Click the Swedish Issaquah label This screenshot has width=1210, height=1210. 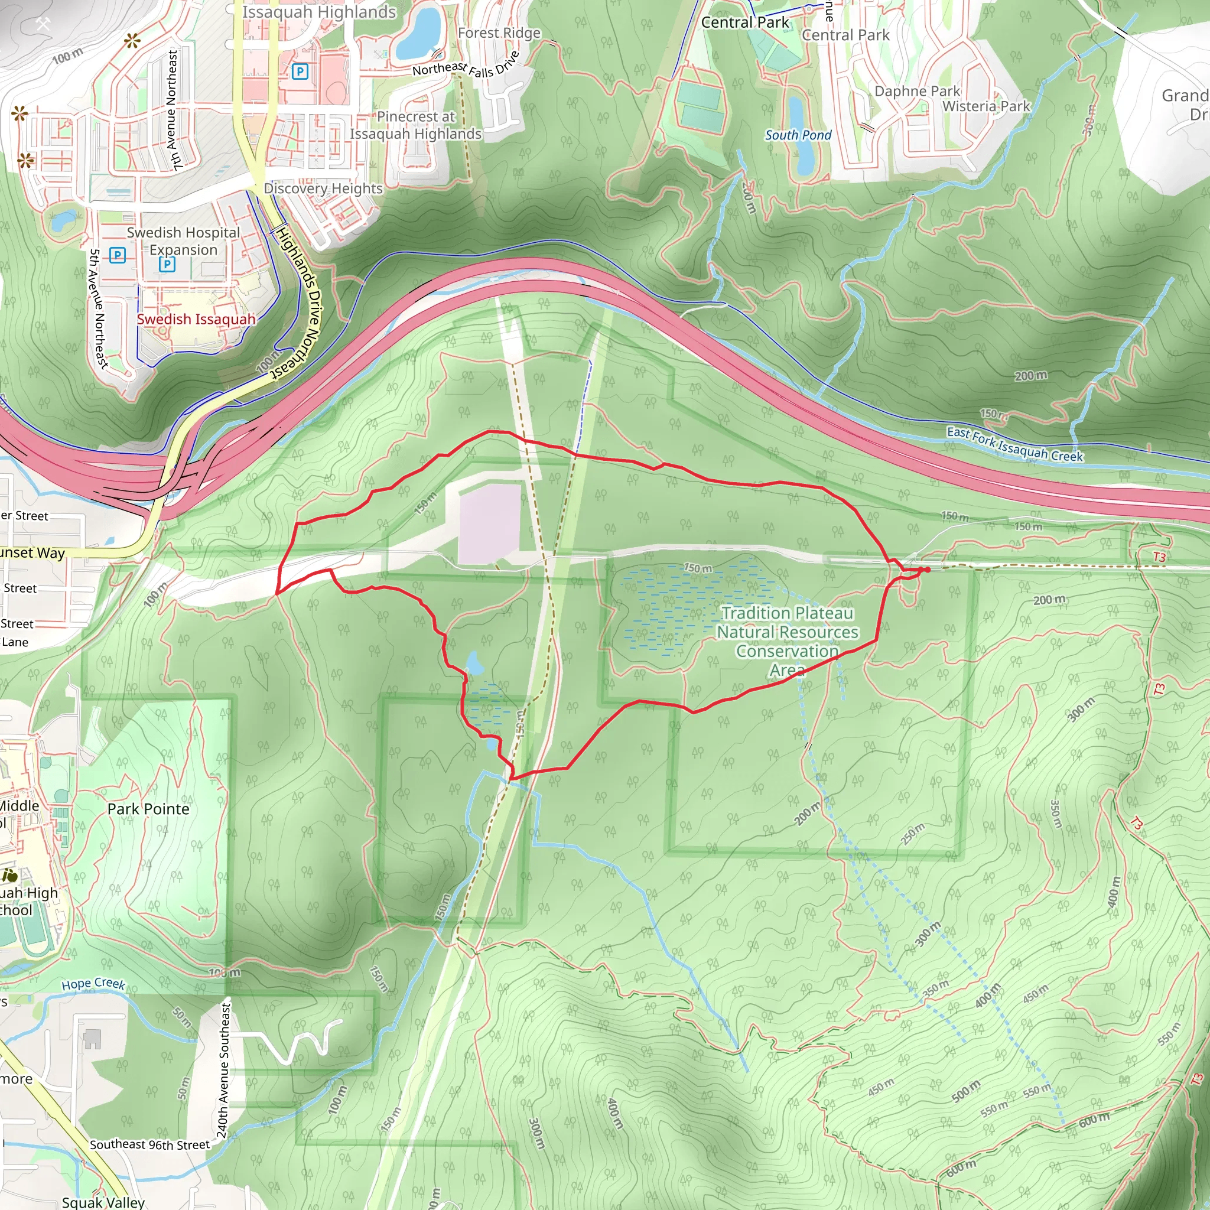click(196, 320)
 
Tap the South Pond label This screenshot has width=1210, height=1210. click(798, 135)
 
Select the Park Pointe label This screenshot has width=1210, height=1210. click(148, 809)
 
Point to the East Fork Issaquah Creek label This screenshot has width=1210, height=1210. click(1014, 445)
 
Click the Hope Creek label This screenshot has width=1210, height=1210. click(93, 984)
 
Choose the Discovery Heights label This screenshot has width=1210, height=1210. click(323, 188)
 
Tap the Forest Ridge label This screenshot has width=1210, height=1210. click(499, 33)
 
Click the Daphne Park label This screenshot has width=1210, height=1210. click(917, 92)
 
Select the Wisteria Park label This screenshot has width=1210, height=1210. click(986, 106)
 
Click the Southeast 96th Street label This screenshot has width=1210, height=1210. click(149, 1144)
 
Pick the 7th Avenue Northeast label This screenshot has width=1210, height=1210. click(174, 110)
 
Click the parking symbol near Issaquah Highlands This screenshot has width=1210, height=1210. click(300, 72)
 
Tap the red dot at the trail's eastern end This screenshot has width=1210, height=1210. click(927, 570)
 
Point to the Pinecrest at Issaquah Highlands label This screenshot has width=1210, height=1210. click(415, 125)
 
